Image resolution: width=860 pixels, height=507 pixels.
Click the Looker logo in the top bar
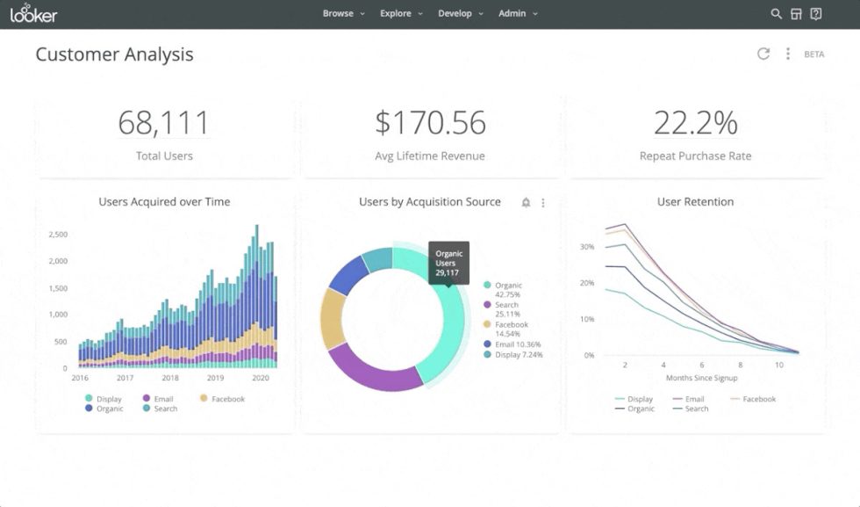click(33, 14)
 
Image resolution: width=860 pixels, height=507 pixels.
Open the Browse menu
click(343, 14)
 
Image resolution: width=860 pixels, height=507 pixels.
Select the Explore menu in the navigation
click(401, 14)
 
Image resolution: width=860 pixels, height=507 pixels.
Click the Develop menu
click(460, 14)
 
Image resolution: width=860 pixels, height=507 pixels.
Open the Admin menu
click(518, 14)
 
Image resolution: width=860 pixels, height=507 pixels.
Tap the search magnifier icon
click(776, 14)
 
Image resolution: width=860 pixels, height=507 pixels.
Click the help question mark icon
click(816, 14)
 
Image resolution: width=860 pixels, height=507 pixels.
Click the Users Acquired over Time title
click(164, 202)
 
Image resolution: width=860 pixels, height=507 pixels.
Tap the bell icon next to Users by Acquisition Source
click(526, 203)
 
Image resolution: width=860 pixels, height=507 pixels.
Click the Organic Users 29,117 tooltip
click(448, 263)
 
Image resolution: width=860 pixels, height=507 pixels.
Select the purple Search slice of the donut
click(373, 369)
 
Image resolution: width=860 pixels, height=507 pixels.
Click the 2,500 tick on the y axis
click(58, 235)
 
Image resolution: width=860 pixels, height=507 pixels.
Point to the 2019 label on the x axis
click(215, 378)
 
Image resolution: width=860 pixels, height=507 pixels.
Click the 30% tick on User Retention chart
click(587, 247)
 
